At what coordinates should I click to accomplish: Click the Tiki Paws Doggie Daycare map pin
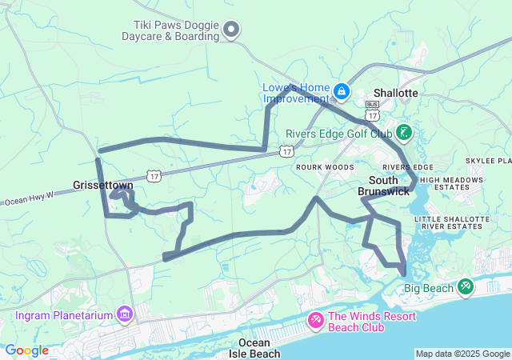(232, 30)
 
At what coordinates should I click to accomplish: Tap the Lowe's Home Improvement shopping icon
(342, 92)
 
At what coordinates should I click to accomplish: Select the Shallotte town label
(393, 93)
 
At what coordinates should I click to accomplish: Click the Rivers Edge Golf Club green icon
(404, 131)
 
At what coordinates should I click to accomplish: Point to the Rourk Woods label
(325, 166)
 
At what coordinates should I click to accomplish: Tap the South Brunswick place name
(389, 186)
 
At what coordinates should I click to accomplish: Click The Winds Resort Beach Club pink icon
(316, 321)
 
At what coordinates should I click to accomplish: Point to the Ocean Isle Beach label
(254, 348)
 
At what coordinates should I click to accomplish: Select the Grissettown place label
(103, 185)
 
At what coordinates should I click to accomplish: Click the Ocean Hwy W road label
(28, 198)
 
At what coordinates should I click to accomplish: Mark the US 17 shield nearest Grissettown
(154, 176)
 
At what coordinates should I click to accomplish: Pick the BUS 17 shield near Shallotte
(371, 108)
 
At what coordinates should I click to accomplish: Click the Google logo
(27, 350)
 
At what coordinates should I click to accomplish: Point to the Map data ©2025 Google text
(462, 354)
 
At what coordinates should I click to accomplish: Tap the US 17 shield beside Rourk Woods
(286, 150)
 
